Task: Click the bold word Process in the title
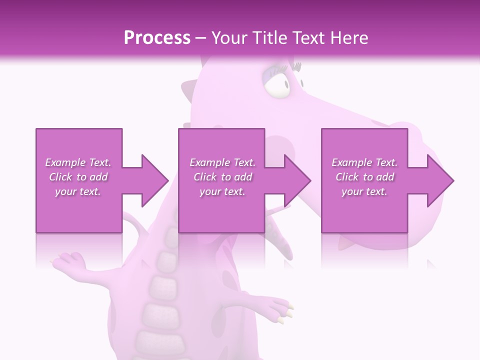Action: [x=157, y=37]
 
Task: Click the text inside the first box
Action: [x=78, y=177]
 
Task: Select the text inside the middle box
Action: [x=222, y=177]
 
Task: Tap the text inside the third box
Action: [x=364, y=177]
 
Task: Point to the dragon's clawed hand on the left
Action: [x=68, y=260]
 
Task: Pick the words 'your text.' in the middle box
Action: [x=222, y=191]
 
